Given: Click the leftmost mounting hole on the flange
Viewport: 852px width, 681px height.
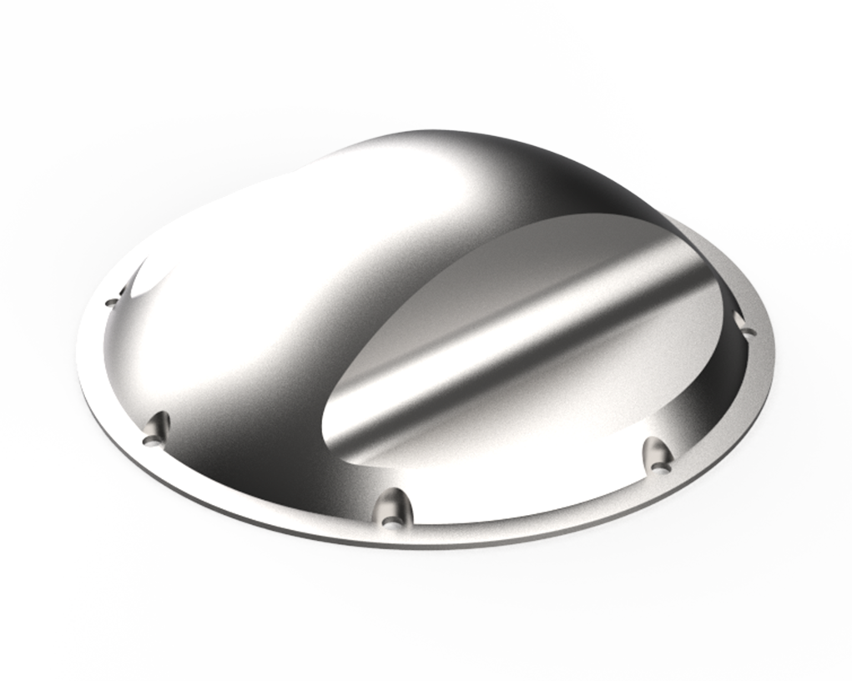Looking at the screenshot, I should [112, 302].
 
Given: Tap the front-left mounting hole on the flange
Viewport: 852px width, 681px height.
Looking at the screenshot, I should [150, 438].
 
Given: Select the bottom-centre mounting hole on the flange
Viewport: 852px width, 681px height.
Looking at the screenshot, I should [390, 523].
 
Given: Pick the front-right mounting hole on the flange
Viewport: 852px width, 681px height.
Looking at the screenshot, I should [659, 468].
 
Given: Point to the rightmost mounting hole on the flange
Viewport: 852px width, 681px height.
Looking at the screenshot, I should [749, 332].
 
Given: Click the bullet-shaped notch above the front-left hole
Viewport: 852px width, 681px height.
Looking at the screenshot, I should [158, 424].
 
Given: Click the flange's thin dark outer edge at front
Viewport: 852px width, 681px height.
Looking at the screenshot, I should [417, 545].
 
